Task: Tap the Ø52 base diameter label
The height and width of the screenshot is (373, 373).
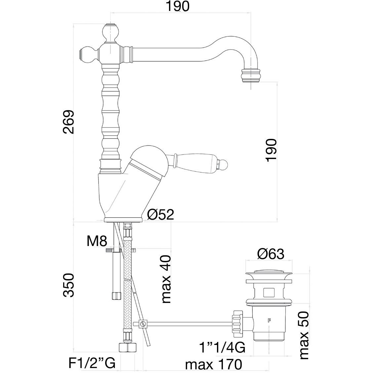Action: [160, 215]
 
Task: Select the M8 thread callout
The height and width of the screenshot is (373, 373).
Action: [97, 241]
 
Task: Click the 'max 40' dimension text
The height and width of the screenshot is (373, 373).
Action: [166, 279]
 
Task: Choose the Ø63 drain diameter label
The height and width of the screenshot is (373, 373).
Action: [270, 254]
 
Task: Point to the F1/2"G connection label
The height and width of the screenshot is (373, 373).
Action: [92, 364]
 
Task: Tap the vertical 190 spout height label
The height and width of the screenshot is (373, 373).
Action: [271, 150]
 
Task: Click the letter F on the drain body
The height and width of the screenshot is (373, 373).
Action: [269, 320]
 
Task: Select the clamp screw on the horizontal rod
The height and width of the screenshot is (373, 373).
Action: [143, 323]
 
